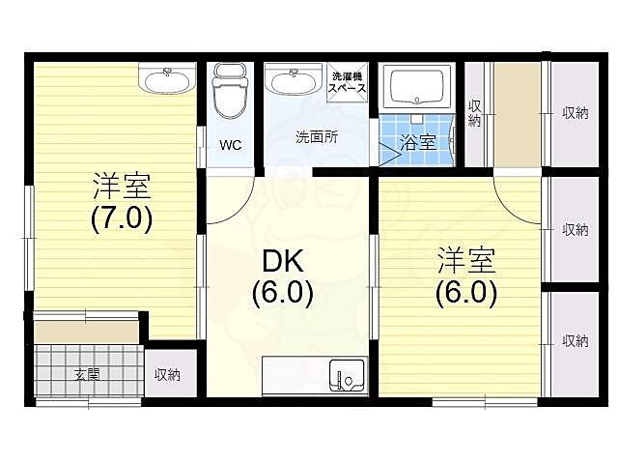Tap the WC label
click(229, 146)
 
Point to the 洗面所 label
click(316, 137)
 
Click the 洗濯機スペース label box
click(348, 81)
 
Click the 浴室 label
click(417, 142)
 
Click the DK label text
click(282, 260)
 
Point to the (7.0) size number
click(122, 217)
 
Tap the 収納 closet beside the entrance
click(167, 374)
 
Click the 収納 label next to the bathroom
click(474, 113)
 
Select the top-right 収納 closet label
click(576, 113)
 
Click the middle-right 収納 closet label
click(576, 229)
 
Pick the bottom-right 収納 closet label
click(576, 340)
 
